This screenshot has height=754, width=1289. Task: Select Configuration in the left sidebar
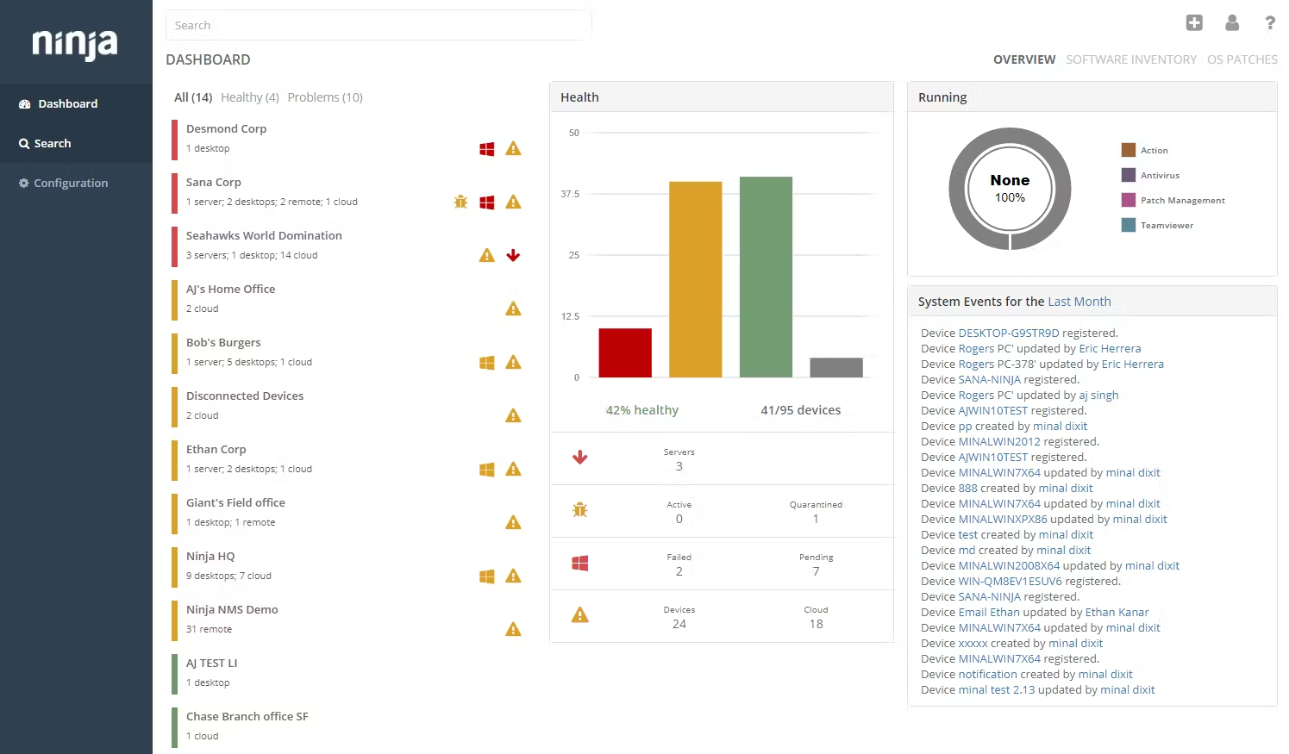tap(70, 183)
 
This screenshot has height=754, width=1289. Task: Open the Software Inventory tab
tap(1130, 59)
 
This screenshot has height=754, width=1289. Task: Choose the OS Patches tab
tap(1242, 59)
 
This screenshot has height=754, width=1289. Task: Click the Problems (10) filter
tap(325, 97)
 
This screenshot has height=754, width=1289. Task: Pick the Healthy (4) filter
tap(249, 97)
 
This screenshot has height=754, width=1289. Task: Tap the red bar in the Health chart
tap(625, 352)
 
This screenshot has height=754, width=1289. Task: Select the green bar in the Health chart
tap(766, 277)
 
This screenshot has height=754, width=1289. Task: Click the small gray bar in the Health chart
tap(835, 367)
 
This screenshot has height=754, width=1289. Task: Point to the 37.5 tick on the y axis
tap(570, 194)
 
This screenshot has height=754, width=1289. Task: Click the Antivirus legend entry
tap(1159, 175)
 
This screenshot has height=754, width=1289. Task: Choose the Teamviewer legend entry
tap(1166, 225)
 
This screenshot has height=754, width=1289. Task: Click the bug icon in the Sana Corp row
tap(460, 202)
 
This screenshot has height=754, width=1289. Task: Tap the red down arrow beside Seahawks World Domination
tap(513, 255)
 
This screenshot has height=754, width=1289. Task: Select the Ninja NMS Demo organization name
tap(232, 609)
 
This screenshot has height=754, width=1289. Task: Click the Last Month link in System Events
tap(1079, 302)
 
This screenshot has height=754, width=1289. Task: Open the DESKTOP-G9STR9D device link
tap(1008, 333)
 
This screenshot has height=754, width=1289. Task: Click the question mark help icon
tap(1270, 23)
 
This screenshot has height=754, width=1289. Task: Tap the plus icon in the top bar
tap(1194, 23)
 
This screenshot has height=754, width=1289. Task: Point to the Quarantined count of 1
tap(816, 519)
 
